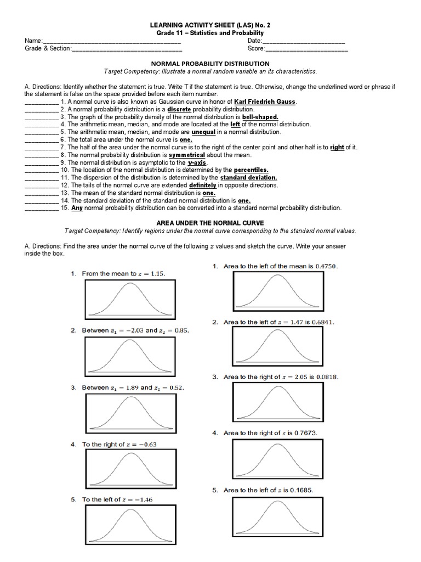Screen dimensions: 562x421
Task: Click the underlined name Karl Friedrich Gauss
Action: (265, 102)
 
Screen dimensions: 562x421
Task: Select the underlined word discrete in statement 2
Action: (179, 110)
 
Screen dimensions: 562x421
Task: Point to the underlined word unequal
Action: (203, 132)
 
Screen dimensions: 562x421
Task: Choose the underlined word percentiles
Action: (252, 170)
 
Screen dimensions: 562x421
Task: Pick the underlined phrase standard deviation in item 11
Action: (248, 178)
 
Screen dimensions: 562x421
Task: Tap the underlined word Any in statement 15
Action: (77, 208)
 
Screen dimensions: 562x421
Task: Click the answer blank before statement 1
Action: (41, 103)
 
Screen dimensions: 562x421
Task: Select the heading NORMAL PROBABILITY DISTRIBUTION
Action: (210, 64)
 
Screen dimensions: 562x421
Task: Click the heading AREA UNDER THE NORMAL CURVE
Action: (210, 223)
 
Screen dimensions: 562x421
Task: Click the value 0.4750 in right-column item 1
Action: (326, 266)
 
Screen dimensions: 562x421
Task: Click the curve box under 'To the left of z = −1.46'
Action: (130, 526)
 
